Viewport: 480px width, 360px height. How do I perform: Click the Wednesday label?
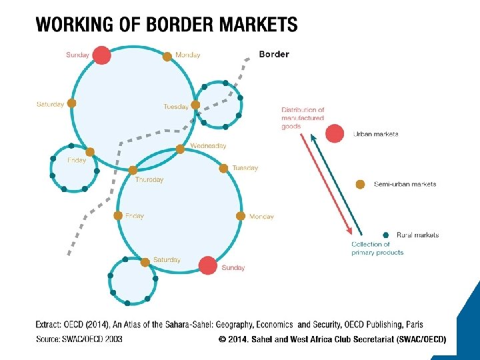208,145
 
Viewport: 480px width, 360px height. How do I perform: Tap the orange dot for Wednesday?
180,149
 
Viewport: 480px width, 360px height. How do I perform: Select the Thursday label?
149,179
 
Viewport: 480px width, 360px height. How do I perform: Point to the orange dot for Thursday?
133,170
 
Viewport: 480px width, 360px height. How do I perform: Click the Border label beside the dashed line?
273,54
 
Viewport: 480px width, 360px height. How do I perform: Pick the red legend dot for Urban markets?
335,133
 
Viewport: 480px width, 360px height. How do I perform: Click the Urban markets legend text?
375,134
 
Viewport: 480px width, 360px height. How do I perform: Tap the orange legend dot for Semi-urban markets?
361,184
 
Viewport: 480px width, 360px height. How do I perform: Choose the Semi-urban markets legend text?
405,184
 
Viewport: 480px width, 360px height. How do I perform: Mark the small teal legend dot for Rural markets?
386,235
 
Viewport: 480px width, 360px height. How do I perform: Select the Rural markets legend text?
417,235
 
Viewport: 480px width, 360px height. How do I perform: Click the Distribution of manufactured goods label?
302,118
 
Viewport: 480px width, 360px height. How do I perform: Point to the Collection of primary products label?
377,248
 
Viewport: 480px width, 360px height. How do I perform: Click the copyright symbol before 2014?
222,339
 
